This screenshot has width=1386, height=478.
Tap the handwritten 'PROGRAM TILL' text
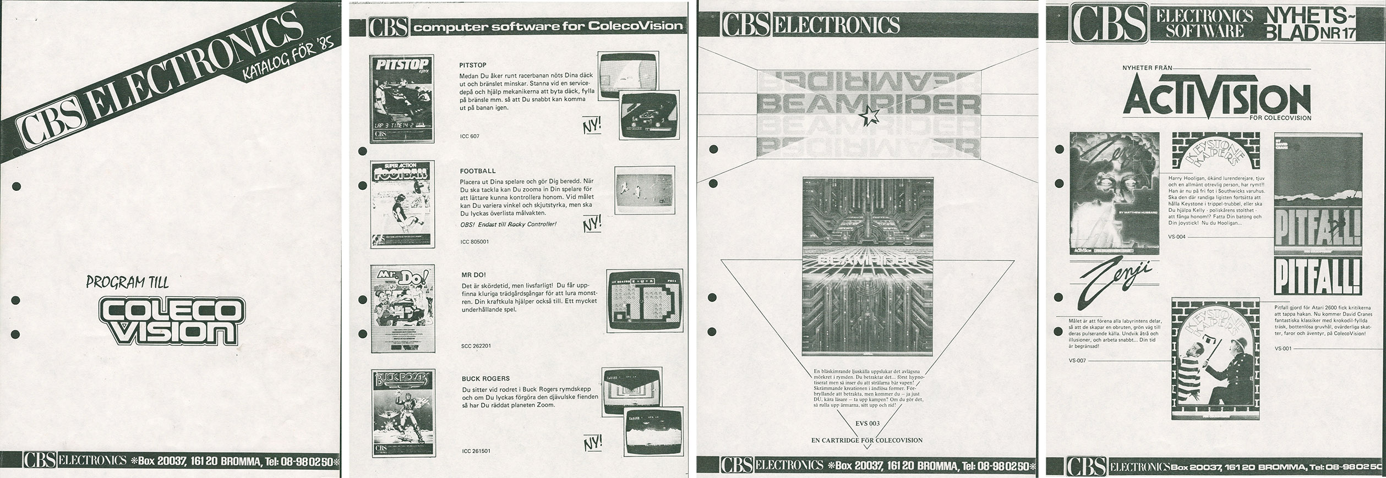[127, 282]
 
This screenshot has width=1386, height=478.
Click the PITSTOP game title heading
[472, 65]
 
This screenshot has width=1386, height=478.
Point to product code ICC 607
[469, 136]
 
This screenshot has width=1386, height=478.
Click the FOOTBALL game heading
[477, 171]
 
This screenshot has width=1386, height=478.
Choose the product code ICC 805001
[474, 241]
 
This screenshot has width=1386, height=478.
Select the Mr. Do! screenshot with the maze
[644, 309]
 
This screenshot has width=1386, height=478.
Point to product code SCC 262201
[476, 346]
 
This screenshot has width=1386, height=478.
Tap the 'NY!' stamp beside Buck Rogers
[593, 441]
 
